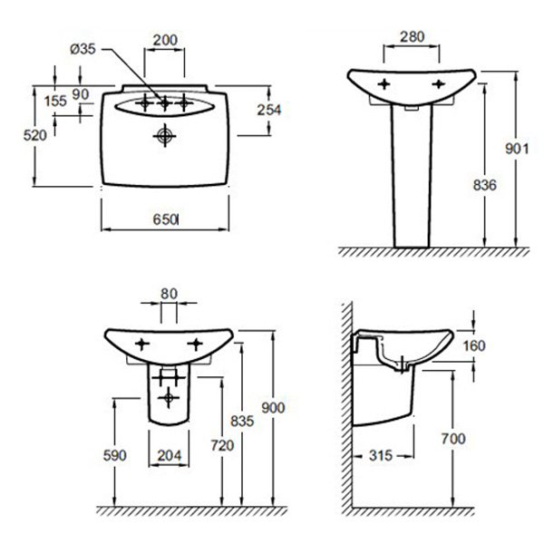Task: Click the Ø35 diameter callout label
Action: coord(83,49)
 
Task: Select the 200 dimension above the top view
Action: coord(165,40)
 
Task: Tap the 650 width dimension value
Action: coord(165,219)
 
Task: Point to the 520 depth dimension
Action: coord(35,135)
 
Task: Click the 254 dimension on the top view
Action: coord(269,110)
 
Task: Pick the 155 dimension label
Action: coord(55,101)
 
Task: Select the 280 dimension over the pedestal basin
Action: coord(413,36)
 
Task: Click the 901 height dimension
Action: coord(517,149)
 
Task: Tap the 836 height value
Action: coord(485,185)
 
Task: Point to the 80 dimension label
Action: coord(169,294)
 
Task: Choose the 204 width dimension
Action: coord(170,455)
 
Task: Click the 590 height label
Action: coord(115,455)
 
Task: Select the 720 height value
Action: coord(222,445)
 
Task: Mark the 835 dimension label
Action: coord(242,421)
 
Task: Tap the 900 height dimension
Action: coord(273,408)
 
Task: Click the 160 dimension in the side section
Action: coord(474,345)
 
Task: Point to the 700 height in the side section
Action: coord(453,439)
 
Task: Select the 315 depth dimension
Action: coord(381,455)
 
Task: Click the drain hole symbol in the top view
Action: coord(165,136)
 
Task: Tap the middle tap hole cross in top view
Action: coord(164,103)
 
